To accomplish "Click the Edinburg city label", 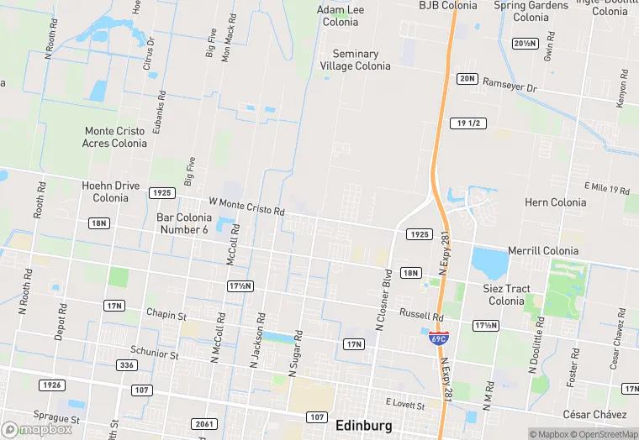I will (362, 424).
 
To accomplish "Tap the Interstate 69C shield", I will (438, 338).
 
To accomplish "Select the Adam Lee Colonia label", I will (341, 16).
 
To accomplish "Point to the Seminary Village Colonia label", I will (355, 60).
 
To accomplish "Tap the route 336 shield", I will (127, 365).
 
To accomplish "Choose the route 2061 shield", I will (203, 423).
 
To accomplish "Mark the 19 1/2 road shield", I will (468, 123).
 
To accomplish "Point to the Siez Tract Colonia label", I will (507, 295).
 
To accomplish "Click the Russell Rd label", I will (421, 316).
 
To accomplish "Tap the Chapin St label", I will (166, 315).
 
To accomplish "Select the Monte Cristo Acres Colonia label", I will (114, 137).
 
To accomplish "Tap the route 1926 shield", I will (51, 385).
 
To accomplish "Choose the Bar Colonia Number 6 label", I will (182, 223).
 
